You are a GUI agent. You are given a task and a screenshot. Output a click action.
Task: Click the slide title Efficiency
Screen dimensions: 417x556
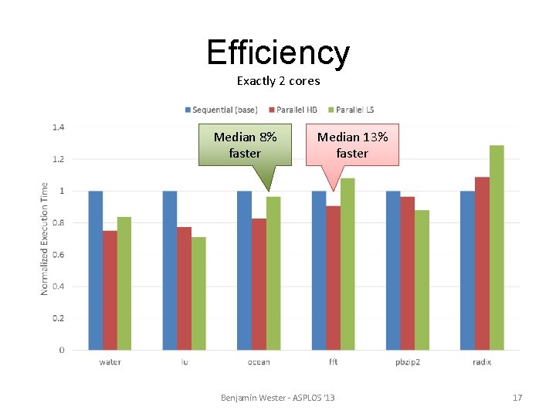click(278, 53)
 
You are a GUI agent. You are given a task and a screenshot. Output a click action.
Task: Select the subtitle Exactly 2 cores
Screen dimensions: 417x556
click(278, 81)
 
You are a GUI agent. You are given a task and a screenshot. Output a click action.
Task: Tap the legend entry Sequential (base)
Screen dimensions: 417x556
click(225, 110)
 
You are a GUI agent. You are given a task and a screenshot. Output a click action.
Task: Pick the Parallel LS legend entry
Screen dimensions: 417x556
click(354, 110)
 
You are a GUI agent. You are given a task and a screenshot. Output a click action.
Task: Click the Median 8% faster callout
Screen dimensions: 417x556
click(246, 144)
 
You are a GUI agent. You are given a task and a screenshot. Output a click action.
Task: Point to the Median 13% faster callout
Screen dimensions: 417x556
click(352, 144)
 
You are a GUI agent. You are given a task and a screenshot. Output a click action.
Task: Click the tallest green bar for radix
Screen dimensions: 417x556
click(496, 247)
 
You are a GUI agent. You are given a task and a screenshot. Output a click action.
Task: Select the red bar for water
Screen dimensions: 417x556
click(110, 290)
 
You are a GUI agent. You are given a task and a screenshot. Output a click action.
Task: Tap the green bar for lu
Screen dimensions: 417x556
click(198, 293)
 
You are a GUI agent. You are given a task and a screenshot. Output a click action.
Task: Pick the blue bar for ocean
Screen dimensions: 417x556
click(244, 270)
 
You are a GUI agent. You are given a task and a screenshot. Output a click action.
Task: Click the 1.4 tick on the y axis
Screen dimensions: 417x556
click(59, 127)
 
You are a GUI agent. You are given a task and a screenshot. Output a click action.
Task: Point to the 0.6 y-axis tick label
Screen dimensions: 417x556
click(59, 255)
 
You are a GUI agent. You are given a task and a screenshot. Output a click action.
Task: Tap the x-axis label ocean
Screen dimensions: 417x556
click(259, 361)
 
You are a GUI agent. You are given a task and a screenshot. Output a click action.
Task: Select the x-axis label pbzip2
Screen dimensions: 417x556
click(407, 361)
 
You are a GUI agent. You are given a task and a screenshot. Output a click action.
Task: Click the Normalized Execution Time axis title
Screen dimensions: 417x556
click(44, 238)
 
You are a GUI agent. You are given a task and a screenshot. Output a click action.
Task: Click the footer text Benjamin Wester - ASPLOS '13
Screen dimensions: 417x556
click(278, 398)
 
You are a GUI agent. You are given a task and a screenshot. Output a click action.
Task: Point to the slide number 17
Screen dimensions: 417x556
click(517, 398)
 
